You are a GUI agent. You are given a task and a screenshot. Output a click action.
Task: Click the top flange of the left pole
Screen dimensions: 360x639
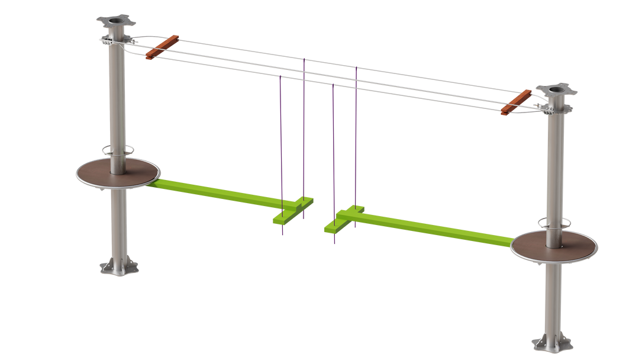pyautogui.click(x=115, y=21)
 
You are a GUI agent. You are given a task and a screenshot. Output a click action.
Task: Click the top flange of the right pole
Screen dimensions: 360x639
pyautogui.click(x=556, y=91)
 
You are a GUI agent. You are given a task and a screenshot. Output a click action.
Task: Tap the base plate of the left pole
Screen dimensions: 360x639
pyautogui.click(x=119, y=268)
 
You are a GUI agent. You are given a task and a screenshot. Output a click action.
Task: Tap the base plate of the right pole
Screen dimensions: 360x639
pyautogui.click(x=551, y=342)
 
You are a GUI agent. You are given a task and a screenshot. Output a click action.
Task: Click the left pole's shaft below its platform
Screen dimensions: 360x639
pyautogui.click(x=118, y=225)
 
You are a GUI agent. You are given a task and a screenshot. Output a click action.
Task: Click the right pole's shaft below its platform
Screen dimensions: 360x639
pyautogui.click(x=553, y=296)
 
